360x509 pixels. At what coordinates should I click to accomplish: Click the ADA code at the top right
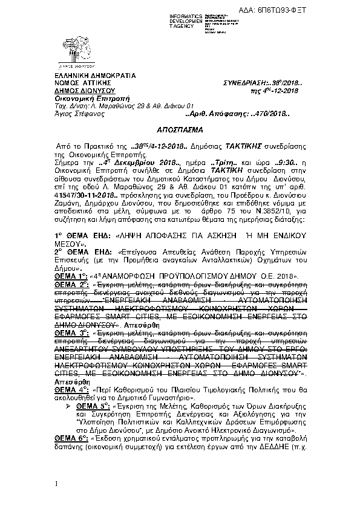click(x=324, y=5)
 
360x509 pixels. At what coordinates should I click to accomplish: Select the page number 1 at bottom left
click(x=55, y=483)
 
